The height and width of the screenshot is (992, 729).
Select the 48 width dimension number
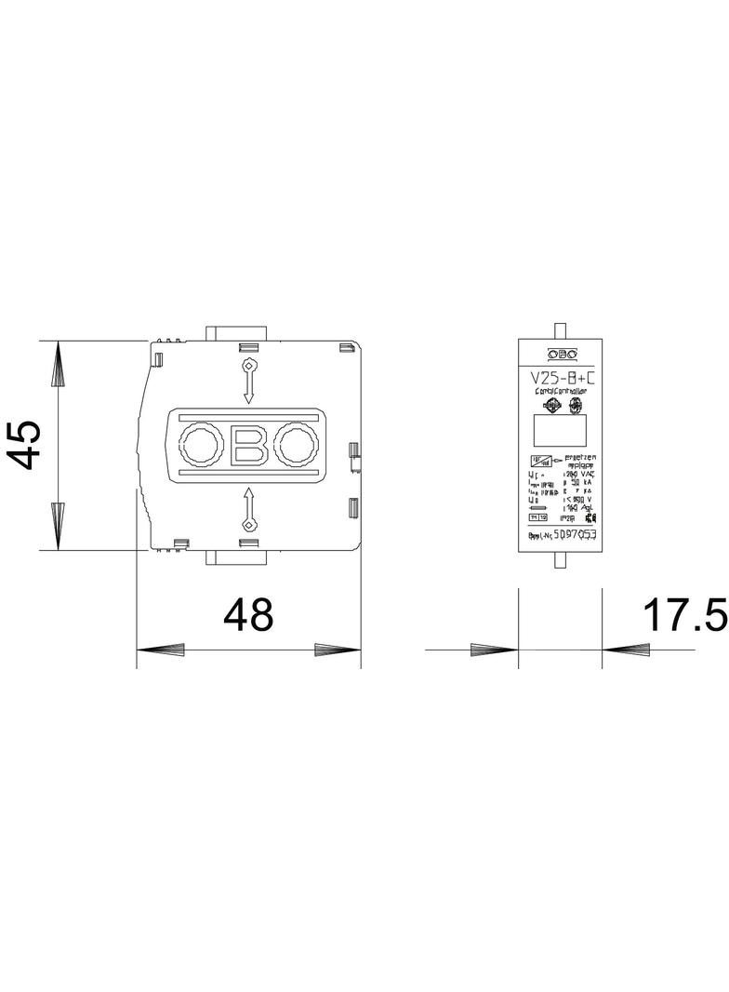click(x=248, y=615)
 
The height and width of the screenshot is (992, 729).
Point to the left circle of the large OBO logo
click(x=199, y=445)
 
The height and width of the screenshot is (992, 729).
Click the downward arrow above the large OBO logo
click(x=248, y=381)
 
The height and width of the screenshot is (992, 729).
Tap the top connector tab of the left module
click(x=238, y=332)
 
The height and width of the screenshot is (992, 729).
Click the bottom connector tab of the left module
click(x=238, y=557)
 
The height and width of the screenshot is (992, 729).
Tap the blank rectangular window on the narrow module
click(x=559, y=431)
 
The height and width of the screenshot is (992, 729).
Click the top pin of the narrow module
click(x=559, y=329)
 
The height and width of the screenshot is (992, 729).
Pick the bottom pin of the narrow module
click(x=559, y=561)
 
